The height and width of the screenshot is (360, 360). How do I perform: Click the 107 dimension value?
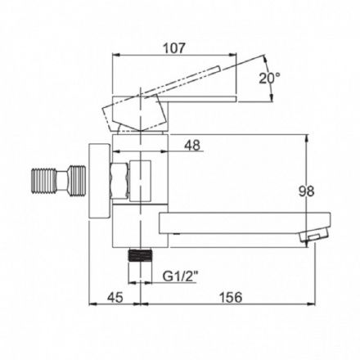coord(174,48)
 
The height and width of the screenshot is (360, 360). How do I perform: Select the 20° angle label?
coord(269,79)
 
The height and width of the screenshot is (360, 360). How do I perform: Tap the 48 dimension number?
coord(192,146)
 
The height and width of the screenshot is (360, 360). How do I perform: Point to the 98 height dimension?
coord(306,191)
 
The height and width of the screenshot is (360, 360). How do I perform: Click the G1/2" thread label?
coord(180,277)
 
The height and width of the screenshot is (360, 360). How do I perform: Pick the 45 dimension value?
coord(115,297)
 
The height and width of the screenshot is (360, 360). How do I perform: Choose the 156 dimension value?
coord(231,297)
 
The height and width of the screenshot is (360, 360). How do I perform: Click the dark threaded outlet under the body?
coord(140,255)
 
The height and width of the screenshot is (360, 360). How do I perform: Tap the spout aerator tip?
coord(314,235)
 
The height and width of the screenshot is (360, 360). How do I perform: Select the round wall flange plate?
coord(100,181)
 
